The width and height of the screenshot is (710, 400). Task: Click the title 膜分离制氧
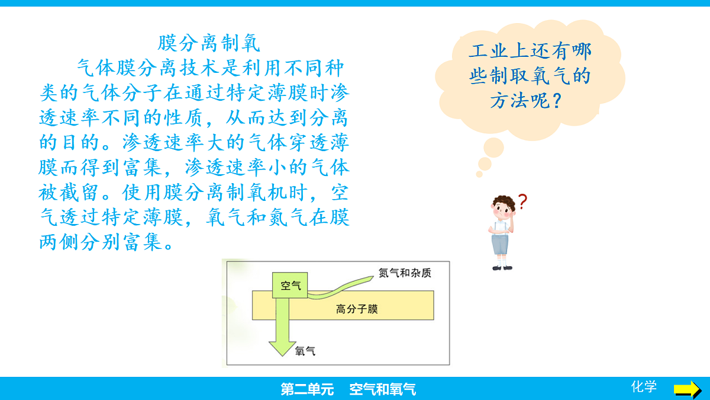[209, 43]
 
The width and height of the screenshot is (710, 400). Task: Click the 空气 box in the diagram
[291, 286]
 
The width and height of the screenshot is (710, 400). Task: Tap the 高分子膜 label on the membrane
[356, 309]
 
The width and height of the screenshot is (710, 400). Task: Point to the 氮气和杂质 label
[405, 273]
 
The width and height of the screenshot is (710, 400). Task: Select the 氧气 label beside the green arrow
[305, 351]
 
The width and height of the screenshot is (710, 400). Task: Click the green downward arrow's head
[282, 348]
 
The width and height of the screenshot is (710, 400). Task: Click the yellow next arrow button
[687, 389]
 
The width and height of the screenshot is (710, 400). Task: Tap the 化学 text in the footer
[644, 387]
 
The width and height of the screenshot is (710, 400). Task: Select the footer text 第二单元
[307, 389]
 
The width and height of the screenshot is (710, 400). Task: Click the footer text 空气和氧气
[383, 389]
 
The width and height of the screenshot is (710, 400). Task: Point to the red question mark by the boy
[522, 202]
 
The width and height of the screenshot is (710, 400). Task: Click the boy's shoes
[502, 267]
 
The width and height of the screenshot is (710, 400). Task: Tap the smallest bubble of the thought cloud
[479, 174]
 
